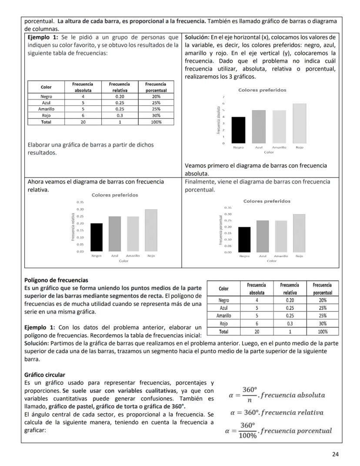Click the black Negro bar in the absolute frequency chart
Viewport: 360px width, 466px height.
tap(238, 130)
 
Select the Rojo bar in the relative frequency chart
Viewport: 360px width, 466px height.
tap(151, 230)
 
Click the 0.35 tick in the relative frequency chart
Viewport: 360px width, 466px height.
tap(80, 202)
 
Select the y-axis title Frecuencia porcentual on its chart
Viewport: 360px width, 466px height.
tap(221, 230)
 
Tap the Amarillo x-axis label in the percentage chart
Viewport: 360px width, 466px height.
tap(281, 257)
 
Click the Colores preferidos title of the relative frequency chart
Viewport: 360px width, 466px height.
tap(115, 195)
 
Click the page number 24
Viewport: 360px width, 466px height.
tap(335, 454)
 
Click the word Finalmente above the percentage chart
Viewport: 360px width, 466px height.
tap(200, 182)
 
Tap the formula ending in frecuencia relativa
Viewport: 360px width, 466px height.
tap(276, 412)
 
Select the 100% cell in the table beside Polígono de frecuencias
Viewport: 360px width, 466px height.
tap(323, 332)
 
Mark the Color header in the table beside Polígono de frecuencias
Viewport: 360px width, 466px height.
tap(223, 288)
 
